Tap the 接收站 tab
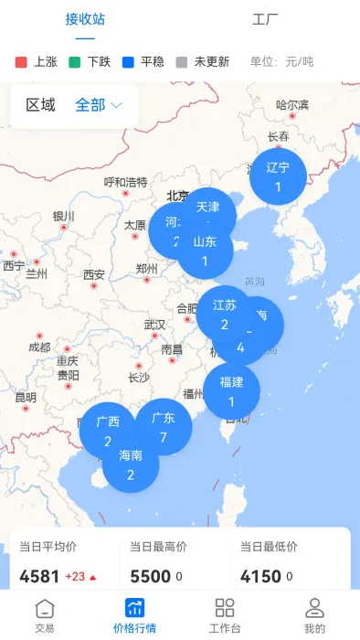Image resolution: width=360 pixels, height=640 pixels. [85, 19]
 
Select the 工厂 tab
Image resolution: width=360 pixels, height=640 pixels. [265, 19]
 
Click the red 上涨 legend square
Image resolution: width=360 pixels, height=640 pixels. [22, 62]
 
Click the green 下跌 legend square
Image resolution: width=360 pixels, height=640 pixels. [75, 62]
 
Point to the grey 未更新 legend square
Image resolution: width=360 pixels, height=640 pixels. [181, 62]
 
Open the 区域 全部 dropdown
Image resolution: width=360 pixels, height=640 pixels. [98, 105]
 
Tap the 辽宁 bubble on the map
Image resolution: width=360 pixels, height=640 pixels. [278, 176]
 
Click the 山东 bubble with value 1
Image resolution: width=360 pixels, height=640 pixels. [206, 251]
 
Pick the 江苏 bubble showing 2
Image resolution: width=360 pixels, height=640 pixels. [224, 314]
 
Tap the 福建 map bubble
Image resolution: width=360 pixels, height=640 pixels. [231, 390]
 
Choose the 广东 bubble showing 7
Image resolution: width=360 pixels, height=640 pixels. [164, 426]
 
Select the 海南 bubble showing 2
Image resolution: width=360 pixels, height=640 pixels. [131, 464]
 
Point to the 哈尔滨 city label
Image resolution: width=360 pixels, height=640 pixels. [292, 105]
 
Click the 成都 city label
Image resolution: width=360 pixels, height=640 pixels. [39, 347]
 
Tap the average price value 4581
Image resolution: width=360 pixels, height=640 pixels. [39, 576]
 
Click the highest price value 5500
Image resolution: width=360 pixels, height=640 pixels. [150, 576]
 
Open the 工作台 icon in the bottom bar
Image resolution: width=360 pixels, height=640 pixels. [224, 614]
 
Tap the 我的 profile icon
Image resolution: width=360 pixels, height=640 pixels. [314, 614]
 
